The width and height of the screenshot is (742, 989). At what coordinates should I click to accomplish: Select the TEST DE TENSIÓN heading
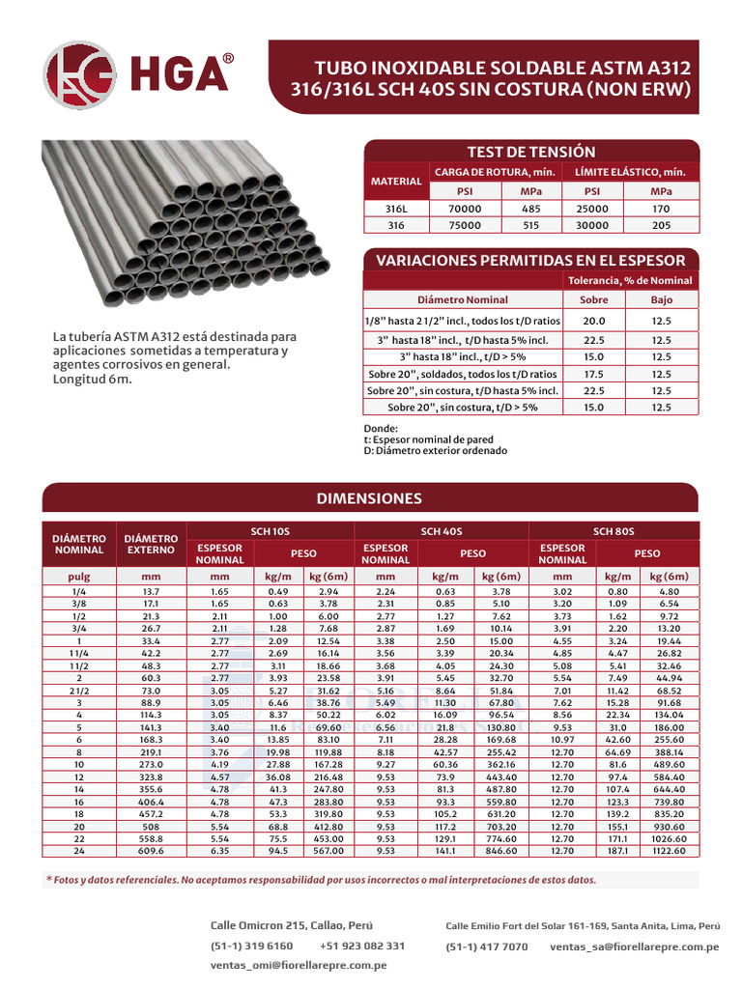pos(530,152)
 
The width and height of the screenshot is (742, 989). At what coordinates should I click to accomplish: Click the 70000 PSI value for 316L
pos(465,209)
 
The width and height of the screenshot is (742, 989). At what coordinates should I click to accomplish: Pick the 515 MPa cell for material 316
pos(530,225)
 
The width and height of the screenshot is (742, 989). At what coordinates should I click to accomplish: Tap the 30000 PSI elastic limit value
pos(593,225)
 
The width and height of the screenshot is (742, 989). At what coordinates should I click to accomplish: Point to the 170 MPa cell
pos(661,209)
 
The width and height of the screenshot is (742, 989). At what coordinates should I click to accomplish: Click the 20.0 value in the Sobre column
pos(594,321)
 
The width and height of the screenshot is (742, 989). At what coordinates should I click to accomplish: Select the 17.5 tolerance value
pos(594,374)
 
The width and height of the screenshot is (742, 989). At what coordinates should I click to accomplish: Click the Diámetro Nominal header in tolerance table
pos(462,299)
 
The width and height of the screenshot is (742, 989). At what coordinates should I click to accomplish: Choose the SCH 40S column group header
pos(442,531)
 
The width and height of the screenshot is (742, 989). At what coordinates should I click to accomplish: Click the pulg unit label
pos(78,576)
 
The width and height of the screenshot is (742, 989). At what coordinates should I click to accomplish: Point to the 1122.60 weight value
pos(667,851)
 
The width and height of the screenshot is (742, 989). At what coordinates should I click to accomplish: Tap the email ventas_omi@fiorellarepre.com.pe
pos(299,965)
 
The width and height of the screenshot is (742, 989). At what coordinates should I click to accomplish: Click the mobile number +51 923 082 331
pos(361,946)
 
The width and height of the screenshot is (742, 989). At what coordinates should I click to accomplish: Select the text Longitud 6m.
pos(93,379)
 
